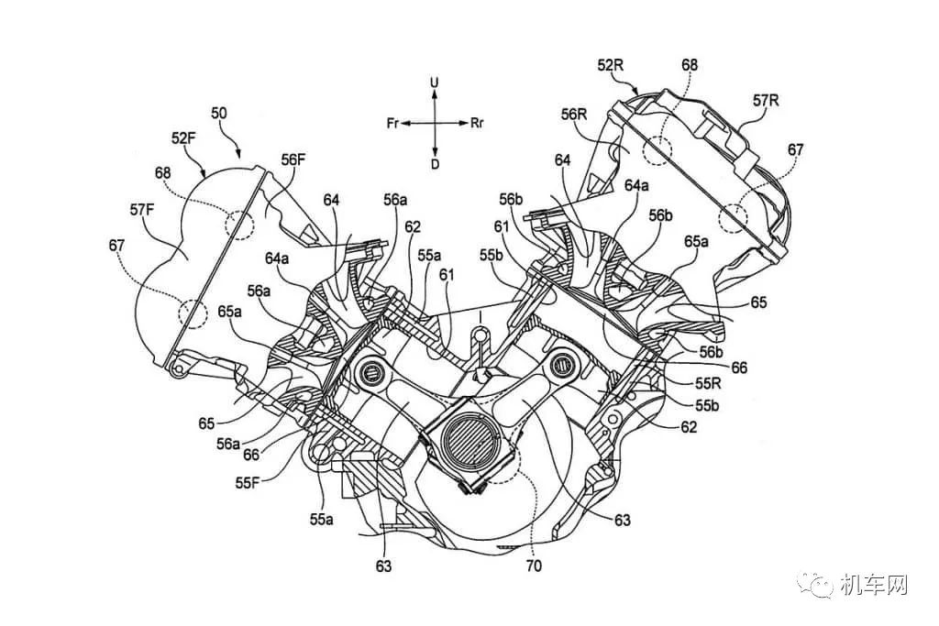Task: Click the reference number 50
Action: pyautogui.click(x=220, y=114)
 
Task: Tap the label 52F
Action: pyautogui.click(x=184, y=138)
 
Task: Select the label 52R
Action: pyautogui.click(x=611, y=65)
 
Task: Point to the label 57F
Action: pyautogui.click(x=143, y=210)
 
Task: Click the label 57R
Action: pyautogui.click(x=766, y=101)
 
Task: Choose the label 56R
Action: pyautogui.click(x=574, y=115)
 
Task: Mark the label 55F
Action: pyautogui.click(x=248, y=483)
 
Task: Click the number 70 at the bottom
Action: pyautogui.click(x=533, y=565)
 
